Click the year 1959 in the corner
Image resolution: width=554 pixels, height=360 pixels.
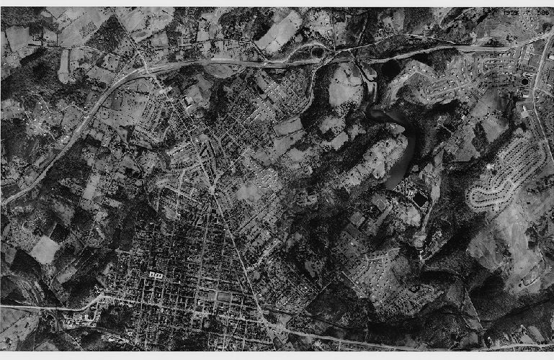click(511, 13)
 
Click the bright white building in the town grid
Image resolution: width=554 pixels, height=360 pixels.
click(155, 275)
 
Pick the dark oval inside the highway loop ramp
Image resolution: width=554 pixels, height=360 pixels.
click(317, 51)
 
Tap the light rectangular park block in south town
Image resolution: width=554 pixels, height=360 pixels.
click(224, 295)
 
